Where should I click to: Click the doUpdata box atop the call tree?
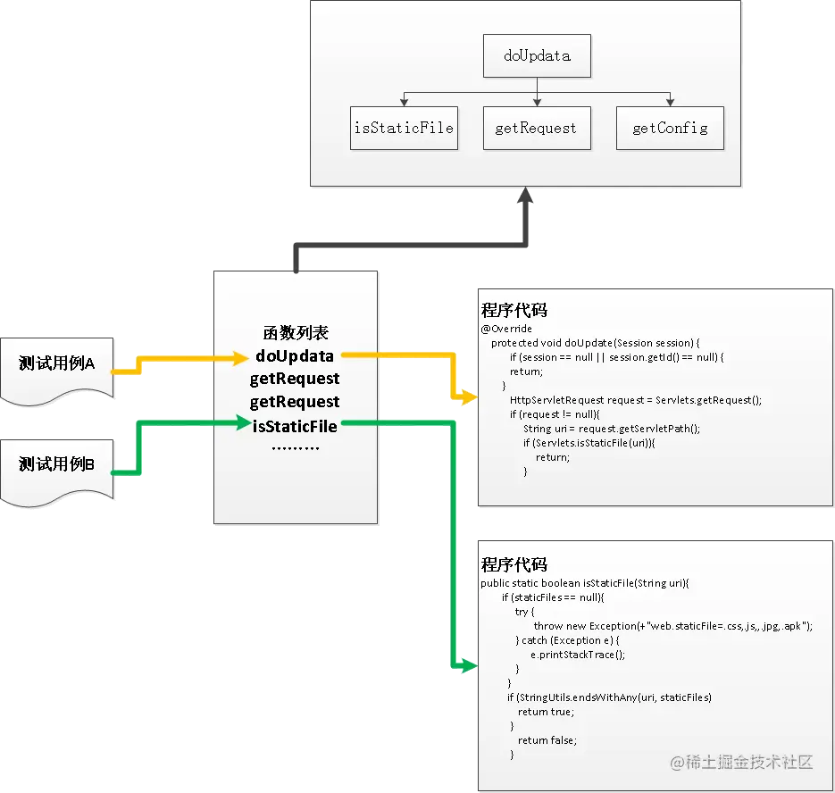537,56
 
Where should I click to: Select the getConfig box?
670,128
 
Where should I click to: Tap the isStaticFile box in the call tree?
404,128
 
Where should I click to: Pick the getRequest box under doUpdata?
536,128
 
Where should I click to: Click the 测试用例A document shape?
58,364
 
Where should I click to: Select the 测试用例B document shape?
58,464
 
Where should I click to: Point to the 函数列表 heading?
296,333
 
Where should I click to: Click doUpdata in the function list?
294,356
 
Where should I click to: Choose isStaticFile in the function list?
295,426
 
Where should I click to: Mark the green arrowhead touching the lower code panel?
467,665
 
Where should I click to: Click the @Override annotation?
506,329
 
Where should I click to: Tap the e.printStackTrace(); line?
578,655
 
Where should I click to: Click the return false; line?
547,740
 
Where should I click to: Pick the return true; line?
546,712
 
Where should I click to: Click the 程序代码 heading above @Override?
514,311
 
